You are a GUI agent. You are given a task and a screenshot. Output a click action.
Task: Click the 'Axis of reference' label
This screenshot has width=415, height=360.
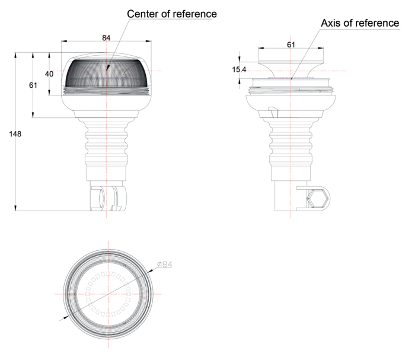(360, 23)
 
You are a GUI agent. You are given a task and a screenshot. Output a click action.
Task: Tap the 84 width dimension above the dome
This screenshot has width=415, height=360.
(106, 38)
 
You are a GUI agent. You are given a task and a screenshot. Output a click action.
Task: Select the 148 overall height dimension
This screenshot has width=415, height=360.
(15, 134)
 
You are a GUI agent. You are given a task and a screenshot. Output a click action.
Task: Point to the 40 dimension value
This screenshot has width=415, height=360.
(49, 74)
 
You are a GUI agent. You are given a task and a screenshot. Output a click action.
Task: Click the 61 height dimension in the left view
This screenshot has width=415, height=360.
(33, 85)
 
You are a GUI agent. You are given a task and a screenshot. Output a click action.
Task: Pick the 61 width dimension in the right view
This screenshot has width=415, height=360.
(290, 44)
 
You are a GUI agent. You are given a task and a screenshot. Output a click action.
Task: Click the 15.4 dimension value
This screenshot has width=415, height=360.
(239, 70)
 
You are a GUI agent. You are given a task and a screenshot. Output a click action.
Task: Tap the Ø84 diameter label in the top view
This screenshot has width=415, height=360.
(164, 265)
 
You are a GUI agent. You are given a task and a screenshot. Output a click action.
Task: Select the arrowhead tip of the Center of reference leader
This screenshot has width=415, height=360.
(107, 71)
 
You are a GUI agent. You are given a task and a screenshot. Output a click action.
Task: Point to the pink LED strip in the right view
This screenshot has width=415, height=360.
(290, 78)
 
